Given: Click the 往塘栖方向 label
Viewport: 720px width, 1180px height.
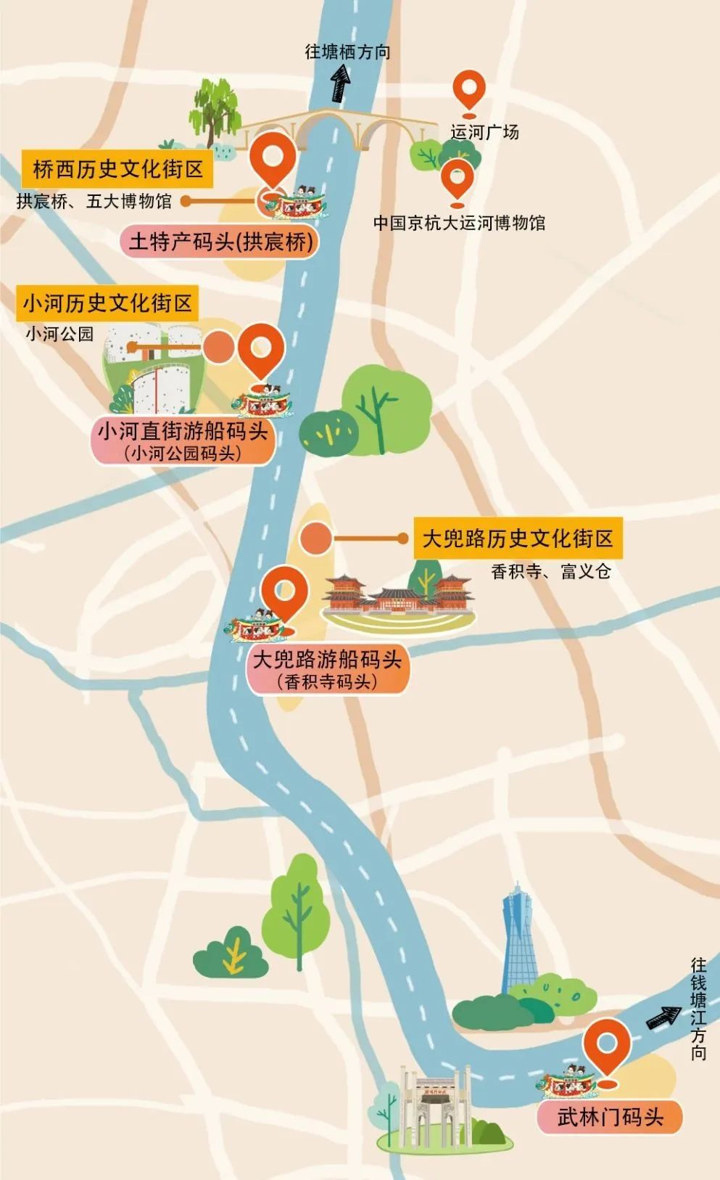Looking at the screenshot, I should tap(347, 52).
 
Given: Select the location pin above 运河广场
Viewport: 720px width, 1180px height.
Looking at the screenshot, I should tap(469, 91).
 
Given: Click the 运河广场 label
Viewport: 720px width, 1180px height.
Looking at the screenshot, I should tap(484, 132).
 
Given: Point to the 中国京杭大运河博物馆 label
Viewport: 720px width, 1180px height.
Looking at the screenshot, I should tap(459, 223).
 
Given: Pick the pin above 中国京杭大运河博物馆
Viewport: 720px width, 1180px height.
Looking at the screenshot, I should tap(458, 179).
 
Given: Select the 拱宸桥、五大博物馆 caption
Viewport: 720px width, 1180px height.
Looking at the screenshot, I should tap(94, 201).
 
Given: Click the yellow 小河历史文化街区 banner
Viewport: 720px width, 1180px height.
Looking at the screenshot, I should tap(107, 303).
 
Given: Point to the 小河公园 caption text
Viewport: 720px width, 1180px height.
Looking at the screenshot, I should tap(59, 334).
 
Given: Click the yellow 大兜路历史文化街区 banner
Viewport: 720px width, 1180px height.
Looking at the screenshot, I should tap(518, 538).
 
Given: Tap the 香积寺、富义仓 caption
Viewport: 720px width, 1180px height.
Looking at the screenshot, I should tap(550, 571).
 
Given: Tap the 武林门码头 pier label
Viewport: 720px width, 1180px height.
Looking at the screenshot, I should tap(610, 1117).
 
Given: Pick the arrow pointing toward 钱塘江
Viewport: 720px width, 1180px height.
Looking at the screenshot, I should tap(663, 1017).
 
